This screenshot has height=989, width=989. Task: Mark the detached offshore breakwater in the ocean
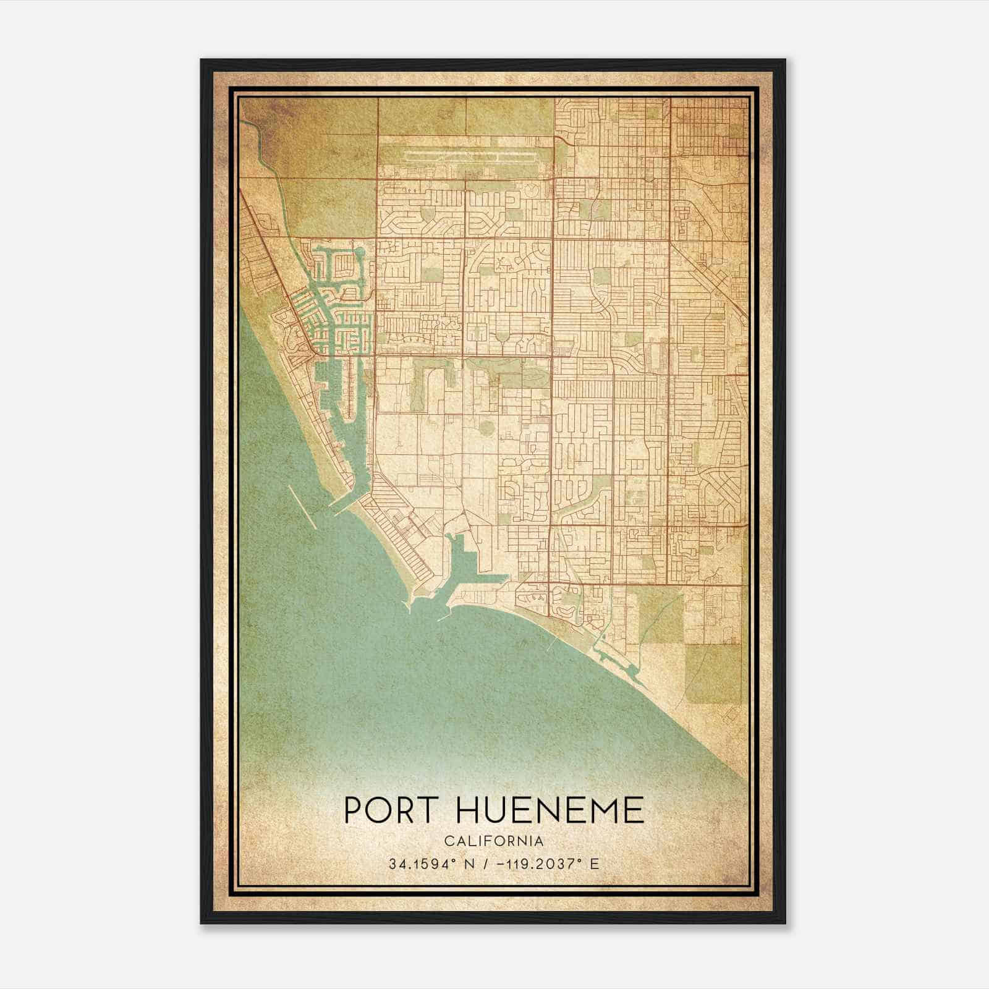(x=303, y=507)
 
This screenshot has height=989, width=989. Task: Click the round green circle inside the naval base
(x=484, y=427)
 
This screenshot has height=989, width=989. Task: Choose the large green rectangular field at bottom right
(x=714, y=674)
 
